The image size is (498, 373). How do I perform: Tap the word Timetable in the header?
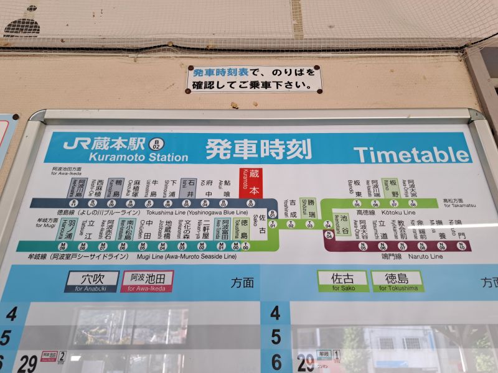click(x=411, y=154)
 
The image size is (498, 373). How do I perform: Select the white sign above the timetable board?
click(x=254, y=80)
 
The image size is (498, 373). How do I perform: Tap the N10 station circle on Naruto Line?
click(x=461, y=247)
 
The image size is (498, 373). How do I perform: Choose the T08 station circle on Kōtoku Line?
click(x=413, y=203)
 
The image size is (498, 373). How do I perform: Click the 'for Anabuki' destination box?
click(x=92, y=282)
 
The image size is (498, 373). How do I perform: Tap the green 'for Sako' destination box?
click(x=342, y=281)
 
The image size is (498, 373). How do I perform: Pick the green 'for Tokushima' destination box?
click(x=397, y=281)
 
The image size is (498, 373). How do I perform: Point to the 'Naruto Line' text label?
click(x=426, y=256)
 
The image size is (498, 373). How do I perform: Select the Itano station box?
click(x=393, y=186)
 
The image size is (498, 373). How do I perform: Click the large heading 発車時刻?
click(x=258, y=149)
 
